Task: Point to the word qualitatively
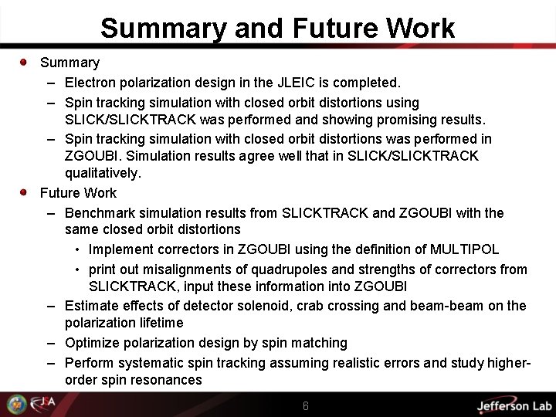[103, 173]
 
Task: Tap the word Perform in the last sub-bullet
[90, 362]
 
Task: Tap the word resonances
[168, 380]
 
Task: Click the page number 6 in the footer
[306, 406]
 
